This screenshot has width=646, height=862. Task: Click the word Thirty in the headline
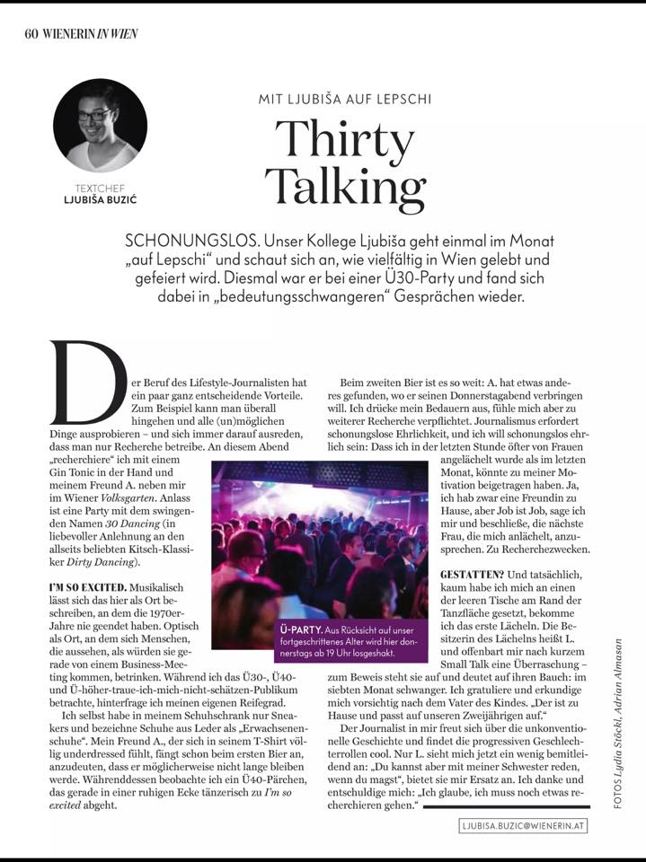(x=345, y=136)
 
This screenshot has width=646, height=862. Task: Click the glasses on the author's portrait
(x=93, y=115)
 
